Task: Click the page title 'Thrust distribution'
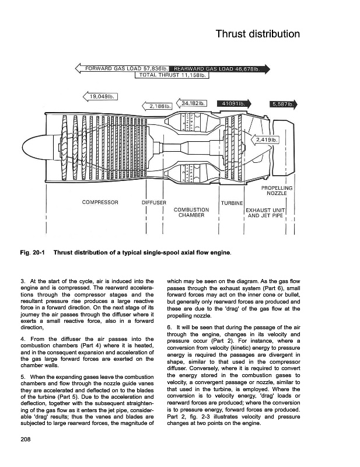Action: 257,33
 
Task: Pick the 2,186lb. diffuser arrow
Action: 158,106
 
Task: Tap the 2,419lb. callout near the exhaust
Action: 266,140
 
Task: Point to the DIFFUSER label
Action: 155,203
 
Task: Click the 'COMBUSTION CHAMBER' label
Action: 192,212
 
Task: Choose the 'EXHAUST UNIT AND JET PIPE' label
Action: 265,212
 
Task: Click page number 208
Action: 25,438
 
